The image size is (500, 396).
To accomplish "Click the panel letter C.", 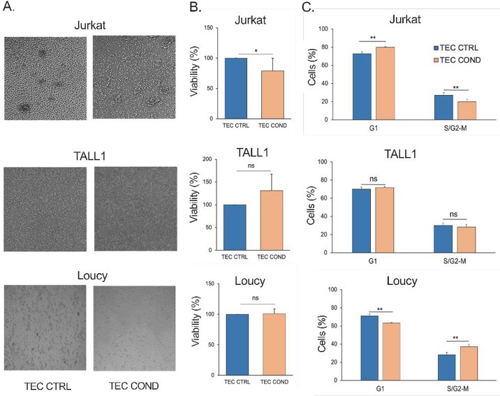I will coord(307,9).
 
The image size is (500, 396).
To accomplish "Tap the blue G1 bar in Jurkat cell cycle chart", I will coord(362,86).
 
